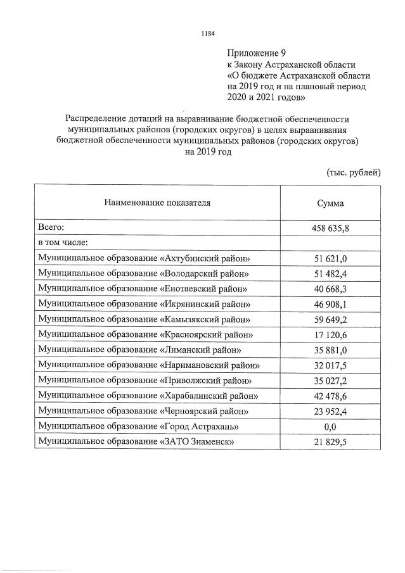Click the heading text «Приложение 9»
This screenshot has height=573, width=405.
(x=252, y=53)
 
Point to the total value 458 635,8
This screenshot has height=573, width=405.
(x=330, y=227)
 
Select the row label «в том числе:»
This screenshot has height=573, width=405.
(x=63, y=242)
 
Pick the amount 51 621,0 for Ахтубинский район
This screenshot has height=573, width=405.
(x=330, y=258)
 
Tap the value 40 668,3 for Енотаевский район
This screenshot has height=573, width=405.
(x=330, y=289)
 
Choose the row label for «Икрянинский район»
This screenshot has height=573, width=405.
(x=143, y=304)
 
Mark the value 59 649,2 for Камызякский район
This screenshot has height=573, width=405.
(x=330, y=319)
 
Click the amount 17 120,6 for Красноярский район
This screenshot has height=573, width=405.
(x=330, y=334)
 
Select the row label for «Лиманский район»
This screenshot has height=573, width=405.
(x=139, y=349)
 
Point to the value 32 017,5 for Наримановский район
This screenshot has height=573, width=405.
(x=330, y=365)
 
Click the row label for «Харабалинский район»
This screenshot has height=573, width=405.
(x=147, y=396)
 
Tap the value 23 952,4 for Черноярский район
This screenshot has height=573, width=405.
(x=330, y=412)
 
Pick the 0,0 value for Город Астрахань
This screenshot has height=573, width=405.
(x=330, y=427)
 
